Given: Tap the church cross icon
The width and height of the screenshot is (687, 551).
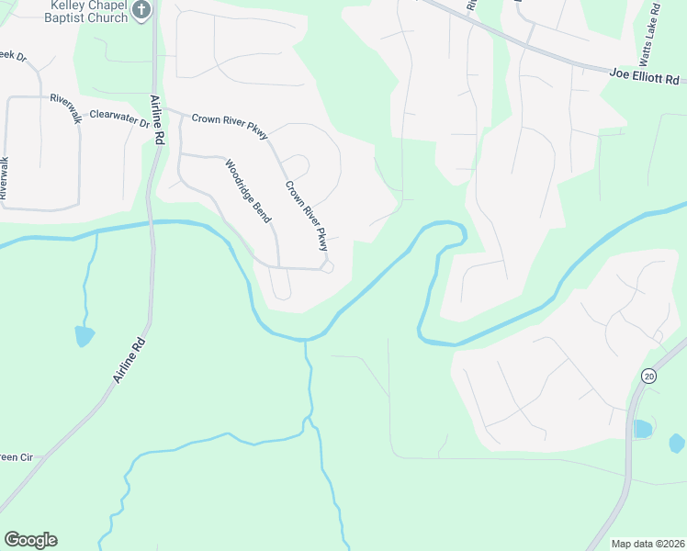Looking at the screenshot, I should point(141,10).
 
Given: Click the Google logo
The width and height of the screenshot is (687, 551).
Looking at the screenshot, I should point(30,540).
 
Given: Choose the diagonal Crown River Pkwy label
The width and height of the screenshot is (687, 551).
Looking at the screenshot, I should point(306,216).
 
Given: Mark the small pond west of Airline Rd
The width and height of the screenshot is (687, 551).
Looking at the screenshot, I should point(84,335).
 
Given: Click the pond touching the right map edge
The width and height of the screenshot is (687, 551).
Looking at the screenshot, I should point(677,444).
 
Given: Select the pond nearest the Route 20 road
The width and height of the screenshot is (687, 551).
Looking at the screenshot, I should point(642,428).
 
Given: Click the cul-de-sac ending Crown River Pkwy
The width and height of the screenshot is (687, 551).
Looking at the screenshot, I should point(328,267).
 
